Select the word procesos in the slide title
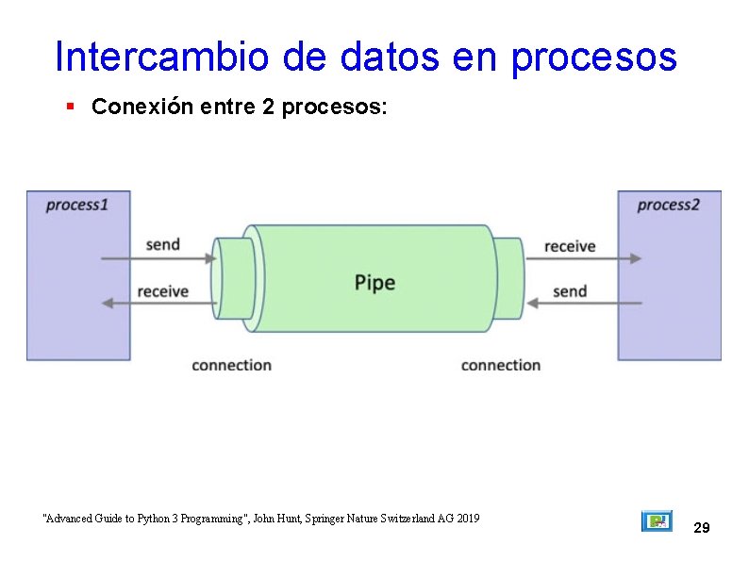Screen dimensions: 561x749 click(x=593, y=58)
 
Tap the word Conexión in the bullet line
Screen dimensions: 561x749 click(x=143, y=107)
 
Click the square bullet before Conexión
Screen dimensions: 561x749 click(x=70, y=107)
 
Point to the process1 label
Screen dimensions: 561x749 click(x=77, y=205)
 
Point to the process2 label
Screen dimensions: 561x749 click(x=668, y=205)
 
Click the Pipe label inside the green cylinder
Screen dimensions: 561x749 click(x=374, y=282)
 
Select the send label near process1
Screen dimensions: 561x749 click(x=162, y=244)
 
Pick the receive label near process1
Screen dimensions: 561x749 click(x=162, y=291)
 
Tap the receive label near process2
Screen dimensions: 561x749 click(x=570, y=246)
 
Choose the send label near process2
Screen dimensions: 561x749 click(x=570, y=291)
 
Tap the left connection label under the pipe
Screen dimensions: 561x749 click(x=231, y=365)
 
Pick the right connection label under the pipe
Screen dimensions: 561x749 click(x=500, y=365)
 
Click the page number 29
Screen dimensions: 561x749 click(x=701, y=528)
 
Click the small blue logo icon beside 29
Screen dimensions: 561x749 click(x=657, y=521)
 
